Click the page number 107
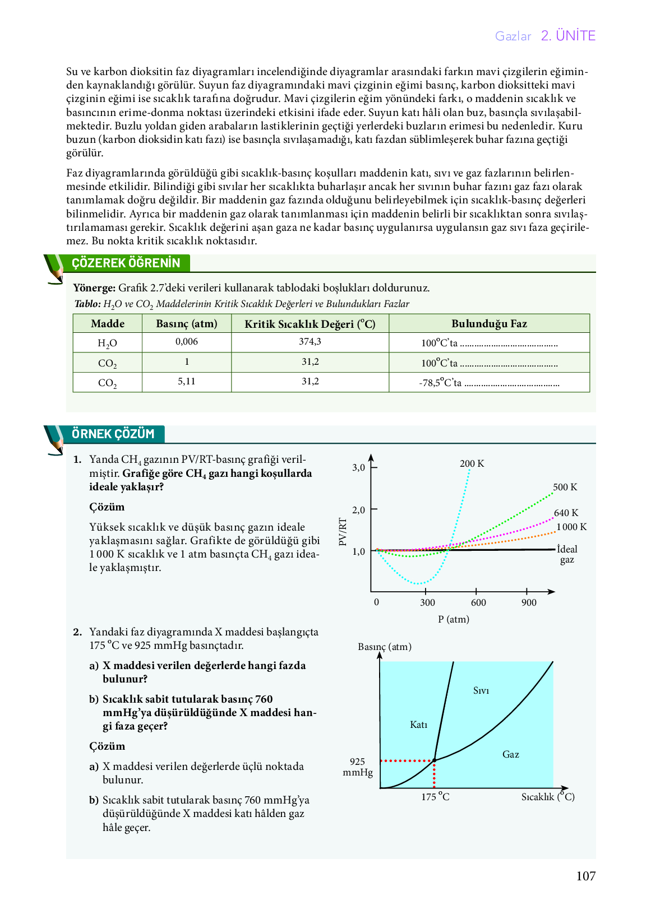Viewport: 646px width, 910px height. [585, 876]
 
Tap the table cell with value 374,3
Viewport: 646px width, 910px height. [310, 342]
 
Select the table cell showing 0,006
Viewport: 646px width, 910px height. [187, 342]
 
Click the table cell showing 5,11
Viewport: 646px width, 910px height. [187, 382]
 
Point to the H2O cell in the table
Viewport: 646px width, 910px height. [107, 343]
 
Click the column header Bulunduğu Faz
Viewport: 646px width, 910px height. [489, 323]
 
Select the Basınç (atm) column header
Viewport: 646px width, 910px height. [186, 323]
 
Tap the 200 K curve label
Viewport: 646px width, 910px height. [472, 463]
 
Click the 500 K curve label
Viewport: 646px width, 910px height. [565, 487]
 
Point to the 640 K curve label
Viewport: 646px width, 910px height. [566, 513]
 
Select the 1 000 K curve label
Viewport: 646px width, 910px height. [571, 527]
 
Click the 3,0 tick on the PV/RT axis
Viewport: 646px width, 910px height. [358, 467]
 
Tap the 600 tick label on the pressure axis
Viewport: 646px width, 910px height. [478, 602]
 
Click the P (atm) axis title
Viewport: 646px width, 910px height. [454, 619]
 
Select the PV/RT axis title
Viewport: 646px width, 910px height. [343, 531]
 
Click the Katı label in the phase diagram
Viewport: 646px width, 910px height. [418, 725]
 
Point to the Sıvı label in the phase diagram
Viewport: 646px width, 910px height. [481, 690]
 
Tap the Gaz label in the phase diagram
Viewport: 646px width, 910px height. [510, 754]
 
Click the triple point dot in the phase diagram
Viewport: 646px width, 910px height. [434, 760]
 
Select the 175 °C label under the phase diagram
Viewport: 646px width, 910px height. [435, 797]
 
